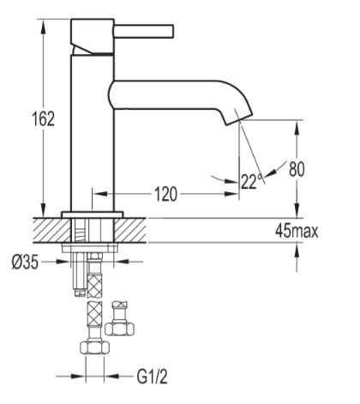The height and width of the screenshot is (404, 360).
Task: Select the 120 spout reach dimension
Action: [x=166, y=195]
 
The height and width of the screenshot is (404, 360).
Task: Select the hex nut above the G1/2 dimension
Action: [x=92, y=349]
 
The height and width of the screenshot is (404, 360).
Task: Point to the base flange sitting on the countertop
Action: [x=92, y=212]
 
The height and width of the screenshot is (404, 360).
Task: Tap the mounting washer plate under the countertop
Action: [x=92, y=248]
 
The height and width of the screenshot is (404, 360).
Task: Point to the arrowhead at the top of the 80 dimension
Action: [x=297, y=124]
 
